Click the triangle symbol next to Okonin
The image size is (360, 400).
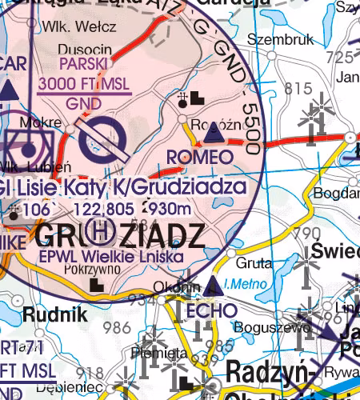(x=212, y=286)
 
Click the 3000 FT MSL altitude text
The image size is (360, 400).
(x=84, y=86)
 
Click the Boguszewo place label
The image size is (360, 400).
(x=258, y=326)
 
